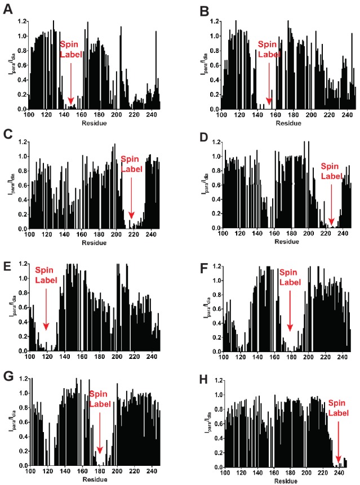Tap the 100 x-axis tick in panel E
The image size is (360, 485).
coord(30,357)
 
